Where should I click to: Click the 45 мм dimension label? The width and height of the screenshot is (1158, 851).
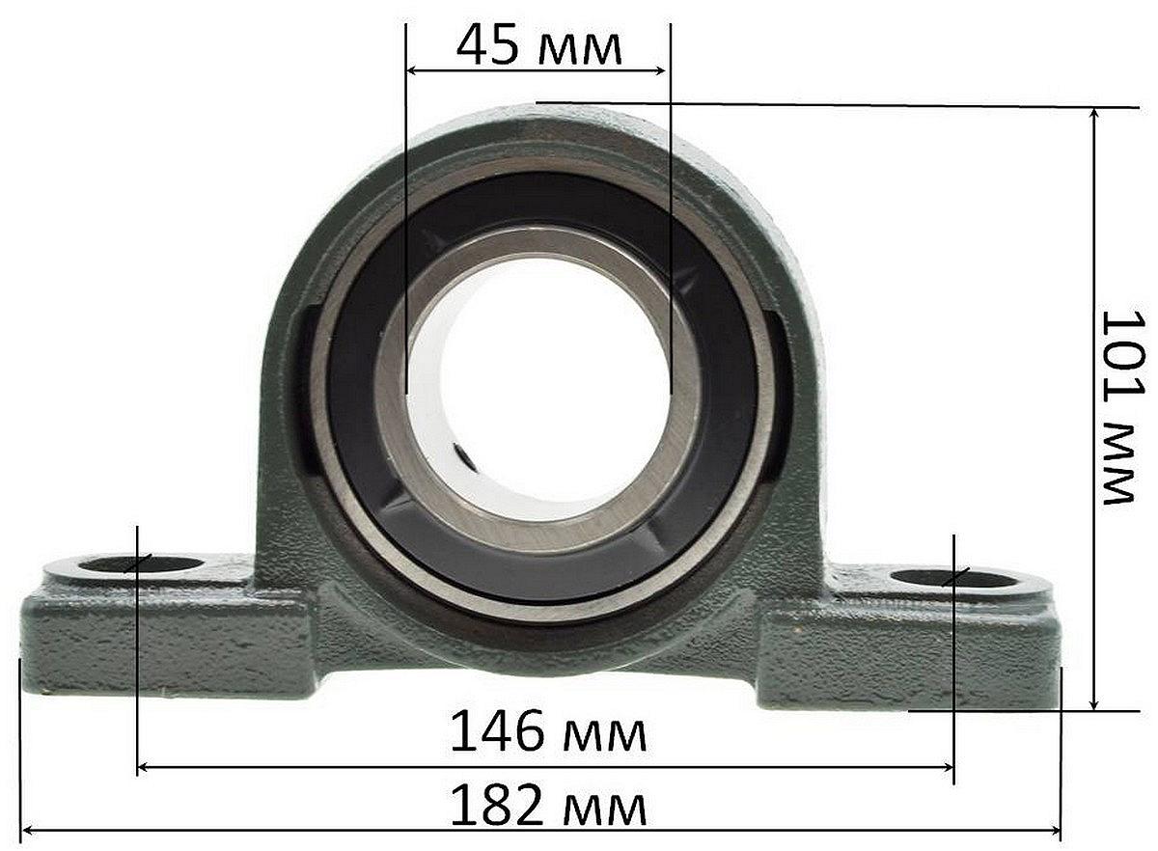[x=538, y=45]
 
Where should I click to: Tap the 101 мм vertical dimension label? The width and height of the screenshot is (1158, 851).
[x=1124, y=407]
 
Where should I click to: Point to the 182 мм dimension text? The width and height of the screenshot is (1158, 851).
[x=548, y=805]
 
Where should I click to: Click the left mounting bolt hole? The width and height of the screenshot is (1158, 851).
[x=142, y=564]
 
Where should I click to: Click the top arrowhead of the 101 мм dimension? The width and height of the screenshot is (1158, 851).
[x=1093, y=114]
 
